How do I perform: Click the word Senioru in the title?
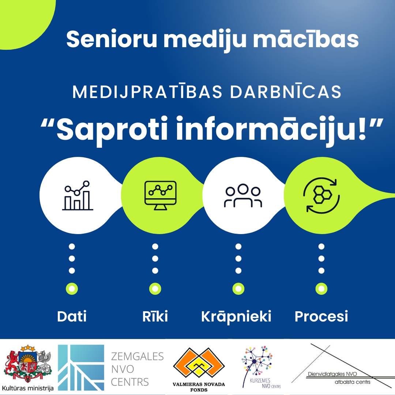coord(112,39)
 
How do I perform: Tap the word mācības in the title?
coord(306,39)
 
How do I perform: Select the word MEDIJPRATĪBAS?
coord(147,92)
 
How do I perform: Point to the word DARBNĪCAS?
coord(286,92)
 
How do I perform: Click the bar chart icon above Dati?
coord(78,195)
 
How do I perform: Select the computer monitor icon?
coord(160,195)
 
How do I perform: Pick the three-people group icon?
coord(243,196)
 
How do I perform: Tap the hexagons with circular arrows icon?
coord(321,195)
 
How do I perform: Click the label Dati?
coord(72,316)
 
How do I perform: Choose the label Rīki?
coord(155,316)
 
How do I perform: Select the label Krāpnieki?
coord(236,317)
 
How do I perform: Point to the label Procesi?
coord(321,316)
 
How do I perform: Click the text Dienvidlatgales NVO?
coord(332,374)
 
